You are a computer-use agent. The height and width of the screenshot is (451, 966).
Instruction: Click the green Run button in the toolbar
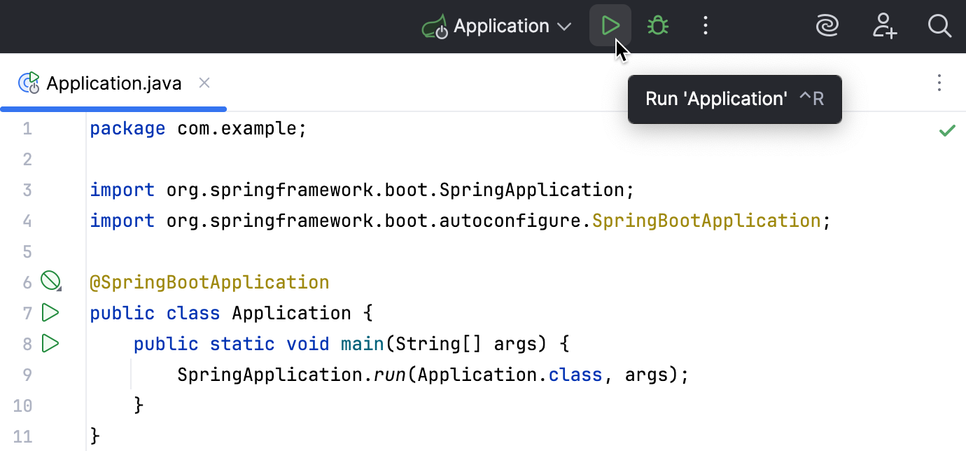pos(610,27)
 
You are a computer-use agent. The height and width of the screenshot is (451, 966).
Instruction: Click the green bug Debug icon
pos(658,27)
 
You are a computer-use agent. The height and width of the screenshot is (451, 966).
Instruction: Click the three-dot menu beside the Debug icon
pos(706,27)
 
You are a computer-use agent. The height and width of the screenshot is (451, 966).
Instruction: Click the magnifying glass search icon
pos(939,27)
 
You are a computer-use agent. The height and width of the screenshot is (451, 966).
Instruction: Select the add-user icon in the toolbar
pos(885,27)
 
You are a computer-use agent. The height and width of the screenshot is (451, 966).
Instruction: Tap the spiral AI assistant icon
pos(828,27)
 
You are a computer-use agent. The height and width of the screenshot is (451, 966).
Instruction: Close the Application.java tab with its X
pos(204,83)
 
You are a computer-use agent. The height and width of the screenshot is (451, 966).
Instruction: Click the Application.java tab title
pos(113,84)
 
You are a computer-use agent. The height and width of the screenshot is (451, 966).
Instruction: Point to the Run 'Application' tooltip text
pos(716,99)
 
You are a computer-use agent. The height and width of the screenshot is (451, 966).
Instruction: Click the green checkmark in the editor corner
pos(947,130)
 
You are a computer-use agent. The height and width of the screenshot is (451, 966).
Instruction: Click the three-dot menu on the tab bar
pos(939,83)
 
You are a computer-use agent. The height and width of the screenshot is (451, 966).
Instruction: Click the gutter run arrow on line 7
pos(50,312)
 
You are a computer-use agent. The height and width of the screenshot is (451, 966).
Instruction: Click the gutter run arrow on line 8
pos(50,343)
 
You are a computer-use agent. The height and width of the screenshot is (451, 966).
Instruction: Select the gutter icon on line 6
pos(50,282)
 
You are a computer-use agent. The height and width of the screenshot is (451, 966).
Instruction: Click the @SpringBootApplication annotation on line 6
pos(209,282)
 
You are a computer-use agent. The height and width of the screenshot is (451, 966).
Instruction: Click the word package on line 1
pos(127,129)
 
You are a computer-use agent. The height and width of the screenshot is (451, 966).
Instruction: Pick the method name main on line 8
pos(362,344)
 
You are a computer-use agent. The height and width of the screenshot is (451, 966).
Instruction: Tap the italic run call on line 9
pos(388,375)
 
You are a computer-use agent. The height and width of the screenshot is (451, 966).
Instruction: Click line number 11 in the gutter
pos(22,436)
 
